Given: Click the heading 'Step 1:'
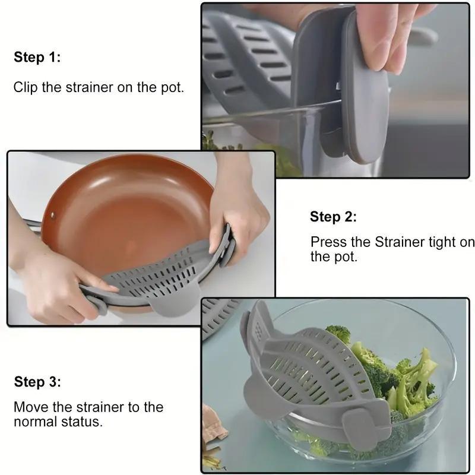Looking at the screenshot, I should coord(37,58).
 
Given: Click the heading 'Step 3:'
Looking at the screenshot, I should coord(37,382).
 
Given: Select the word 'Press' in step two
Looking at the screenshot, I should coord(327,242).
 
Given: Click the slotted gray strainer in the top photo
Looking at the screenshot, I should coord(249,59).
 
